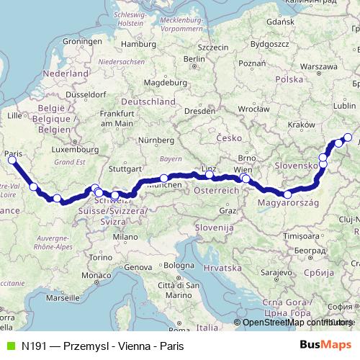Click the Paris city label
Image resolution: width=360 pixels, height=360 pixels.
pyautogui.click(x=12, y=153)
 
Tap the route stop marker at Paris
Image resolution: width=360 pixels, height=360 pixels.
pyautogui.click(x=12, y=161)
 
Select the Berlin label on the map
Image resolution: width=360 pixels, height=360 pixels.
pyautogui.click(x=190, y=59)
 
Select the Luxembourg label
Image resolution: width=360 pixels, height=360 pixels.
pyautogui.click(x=76, y=150)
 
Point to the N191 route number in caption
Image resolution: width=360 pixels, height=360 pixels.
pyautogui.click(x=35, y=346)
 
